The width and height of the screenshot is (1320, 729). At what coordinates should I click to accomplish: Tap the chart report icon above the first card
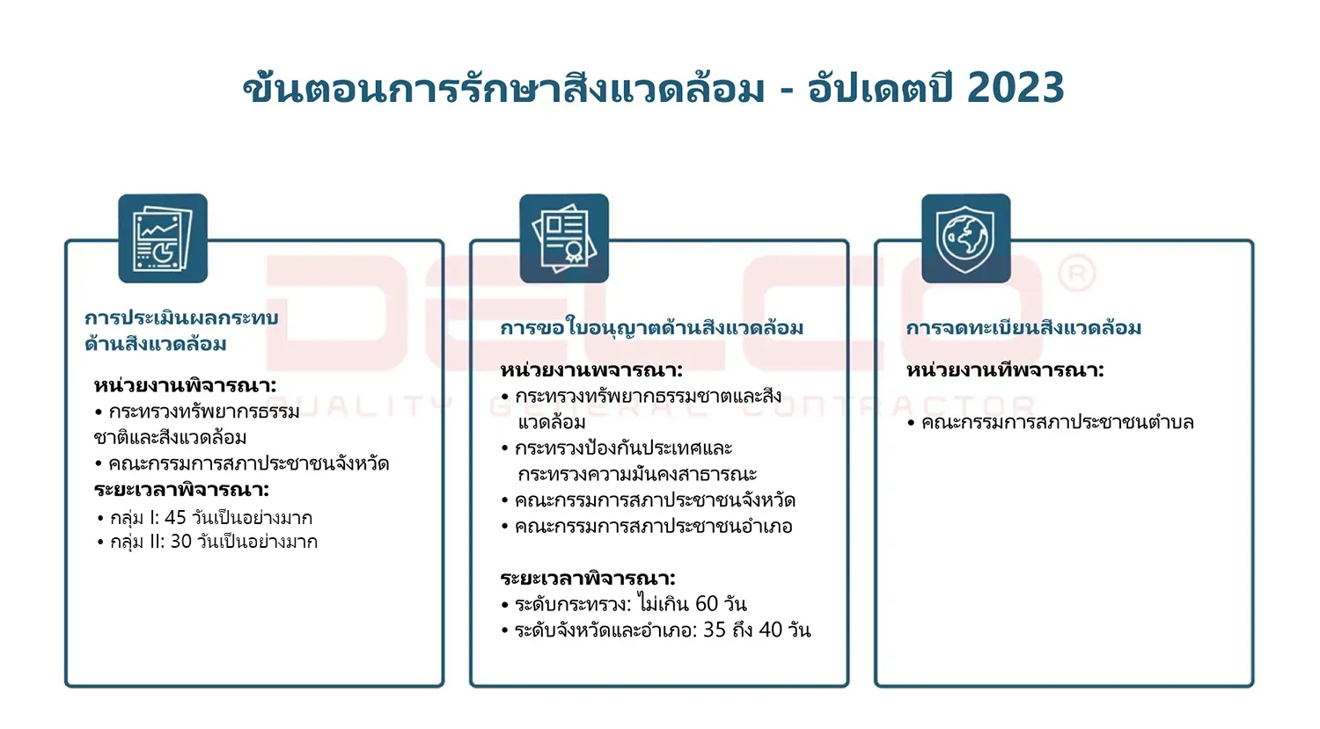[163, 238]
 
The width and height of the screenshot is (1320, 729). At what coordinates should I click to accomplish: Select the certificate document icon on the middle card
[564, 238]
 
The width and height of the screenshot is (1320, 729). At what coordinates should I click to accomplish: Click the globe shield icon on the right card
[965, 238]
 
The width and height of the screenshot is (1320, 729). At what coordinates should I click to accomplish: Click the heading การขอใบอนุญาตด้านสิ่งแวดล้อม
[651, 328]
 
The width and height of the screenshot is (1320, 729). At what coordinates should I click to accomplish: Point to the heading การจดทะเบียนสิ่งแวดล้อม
[1023, 328]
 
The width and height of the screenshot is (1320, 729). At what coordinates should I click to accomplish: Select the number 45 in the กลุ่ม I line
[175, 518]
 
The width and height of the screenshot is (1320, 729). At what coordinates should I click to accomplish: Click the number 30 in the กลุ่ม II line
[180, 542]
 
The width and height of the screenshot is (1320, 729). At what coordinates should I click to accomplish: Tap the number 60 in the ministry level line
[707, 604]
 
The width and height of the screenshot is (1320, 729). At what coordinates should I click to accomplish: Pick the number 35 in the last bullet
[715, 631]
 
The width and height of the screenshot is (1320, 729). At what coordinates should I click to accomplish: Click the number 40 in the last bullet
[770, 631]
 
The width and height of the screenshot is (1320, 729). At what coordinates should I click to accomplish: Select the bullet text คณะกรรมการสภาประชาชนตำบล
[1057, 423]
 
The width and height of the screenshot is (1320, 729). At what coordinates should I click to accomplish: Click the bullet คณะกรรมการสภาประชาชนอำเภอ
[653, 527]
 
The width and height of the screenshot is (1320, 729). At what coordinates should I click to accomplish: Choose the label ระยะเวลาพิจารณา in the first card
[181, 490]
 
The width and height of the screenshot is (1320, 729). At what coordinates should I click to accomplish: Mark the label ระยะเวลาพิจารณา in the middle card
[587, 579]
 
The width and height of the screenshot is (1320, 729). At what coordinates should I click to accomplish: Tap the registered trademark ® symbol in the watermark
[1076, 274]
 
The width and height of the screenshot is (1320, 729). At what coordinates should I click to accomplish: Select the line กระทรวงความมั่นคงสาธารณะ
[637, 475]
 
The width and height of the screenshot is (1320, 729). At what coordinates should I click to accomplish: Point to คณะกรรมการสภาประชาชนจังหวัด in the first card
[248, 463]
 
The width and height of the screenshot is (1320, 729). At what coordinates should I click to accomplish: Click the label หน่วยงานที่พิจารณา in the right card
[1005, 370]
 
